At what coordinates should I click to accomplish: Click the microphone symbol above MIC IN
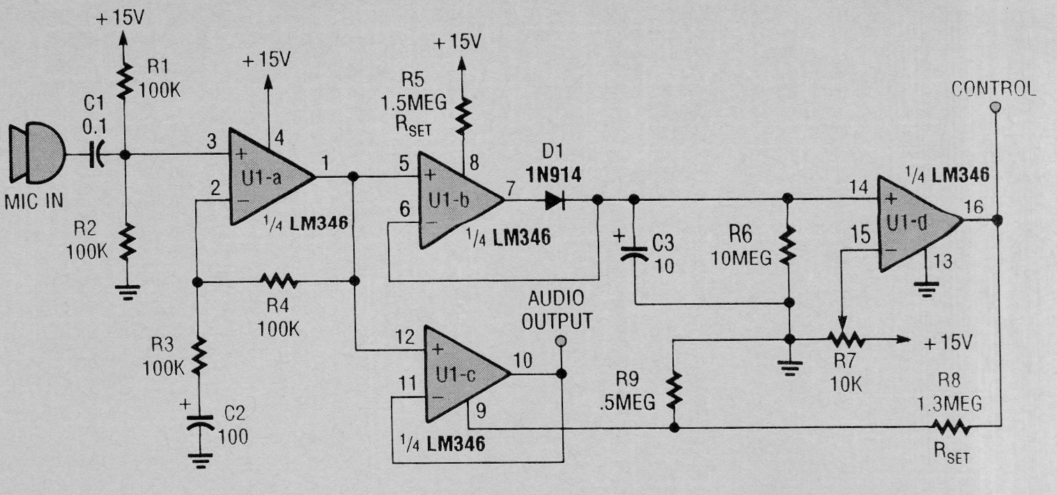[38, 153]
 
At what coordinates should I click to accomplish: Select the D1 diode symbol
[555, 200]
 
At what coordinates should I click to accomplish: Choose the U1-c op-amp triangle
[467, 374]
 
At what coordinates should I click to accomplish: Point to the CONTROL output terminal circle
[996, 107]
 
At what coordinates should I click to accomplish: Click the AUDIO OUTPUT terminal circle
[561, 340]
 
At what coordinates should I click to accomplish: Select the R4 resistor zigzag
[279, 282]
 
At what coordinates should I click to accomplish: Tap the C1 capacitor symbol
[96, 155]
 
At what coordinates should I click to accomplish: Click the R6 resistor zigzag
[787, 245]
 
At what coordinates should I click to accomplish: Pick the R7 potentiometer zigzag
[846, 339]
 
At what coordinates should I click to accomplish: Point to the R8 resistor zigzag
[951, 427]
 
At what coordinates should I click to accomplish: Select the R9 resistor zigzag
[674, 391]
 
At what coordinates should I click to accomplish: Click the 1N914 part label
[554, 176]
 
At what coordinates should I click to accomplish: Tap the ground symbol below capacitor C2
[201, 461]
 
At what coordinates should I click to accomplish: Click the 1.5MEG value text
[414, 103]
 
